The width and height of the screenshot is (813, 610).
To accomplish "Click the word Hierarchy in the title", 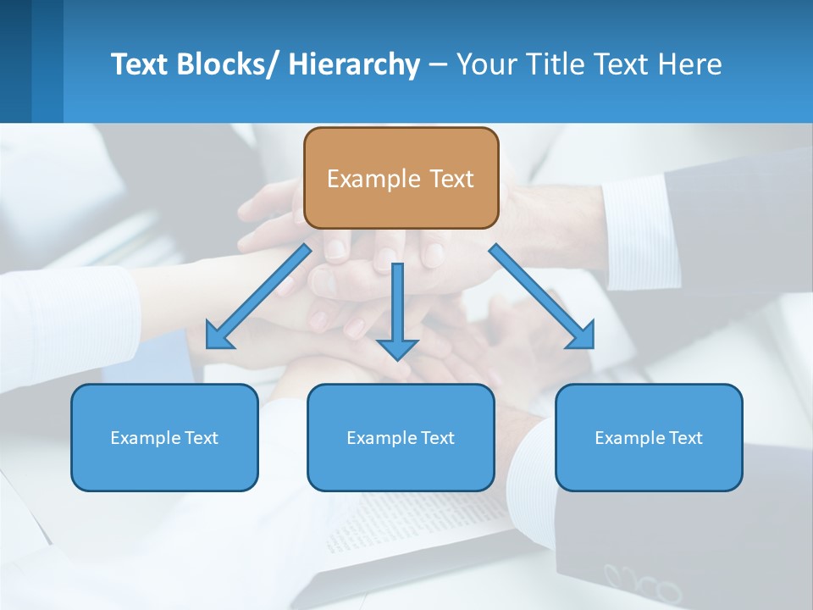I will click(x=354, y=64).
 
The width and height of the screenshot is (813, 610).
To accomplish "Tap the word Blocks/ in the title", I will click(x=228, y=64).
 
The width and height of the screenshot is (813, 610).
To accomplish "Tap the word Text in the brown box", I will click(x=451, y=179).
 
